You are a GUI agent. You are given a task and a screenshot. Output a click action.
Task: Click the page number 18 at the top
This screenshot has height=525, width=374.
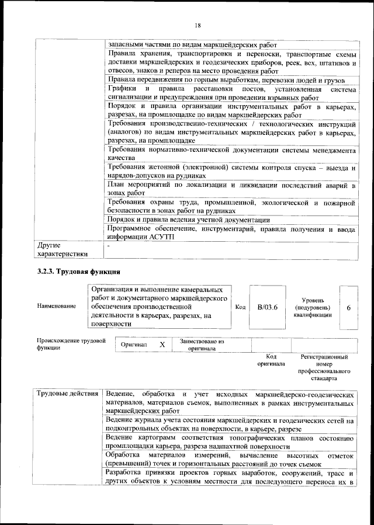[x=198, y=25]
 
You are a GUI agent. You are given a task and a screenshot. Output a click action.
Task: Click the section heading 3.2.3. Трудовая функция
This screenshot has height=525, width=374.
[x=79, y=272]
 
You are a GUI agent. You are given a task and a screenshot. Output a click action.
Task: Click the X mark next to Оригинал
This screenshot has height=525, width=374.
[x=162, y=345]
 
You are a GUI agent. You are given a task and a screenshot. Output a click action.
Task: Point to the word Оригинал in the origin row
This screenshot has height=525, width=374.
[x=134, y=345]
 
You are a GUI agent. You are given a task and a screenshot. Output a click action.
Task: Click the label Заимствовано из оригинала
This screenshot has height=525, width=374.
[x=202, y=345]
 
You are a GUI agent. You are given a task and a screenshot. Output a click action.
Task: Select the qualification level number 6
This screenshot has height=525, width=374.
[x=348, y=307]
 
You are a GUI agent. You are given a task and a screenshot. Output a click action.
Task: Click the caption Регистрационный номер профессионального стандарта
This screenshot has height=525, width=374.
[x=324, y=367]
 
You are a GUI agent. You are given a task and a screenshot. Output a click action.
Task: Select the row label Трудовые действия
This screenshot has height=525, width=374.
[x=67, y=393]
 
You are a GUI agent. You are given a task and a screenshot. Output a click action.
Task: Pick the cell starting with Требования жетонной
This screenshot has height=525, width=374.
[x=231, y=171]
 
